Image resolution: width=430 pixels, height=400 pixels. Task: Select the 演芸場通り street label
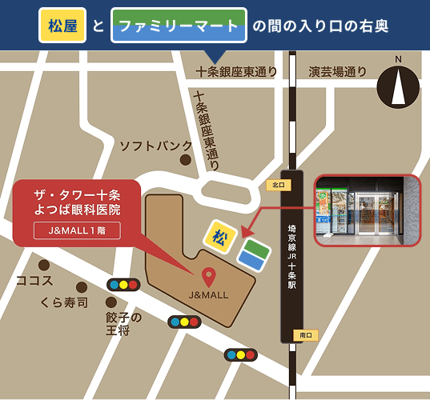click(x=338, y=72)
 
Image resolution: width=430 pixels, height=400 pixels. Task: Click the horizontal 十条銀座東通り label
click(x=237, y=72)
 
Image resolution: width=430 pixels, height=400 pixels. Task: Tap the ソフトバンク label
click(x=156, y=146)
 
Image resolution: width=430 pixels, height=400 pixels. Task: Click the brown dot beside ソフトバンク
click(x=186, y=160)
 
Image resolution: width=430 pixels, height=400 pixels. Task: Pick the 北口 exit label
click(x=278, y=185)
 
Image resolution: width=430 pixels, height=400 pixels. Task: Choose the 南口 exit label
click(x=304, y=334)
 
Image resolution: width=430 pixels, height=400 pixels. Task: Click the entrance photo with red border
click(x=366, y=210)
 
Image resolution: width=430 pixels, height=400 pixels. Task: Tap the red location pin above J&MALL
click(x=208, y=277)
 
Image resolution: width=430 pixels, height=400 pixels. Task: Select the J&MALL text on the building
click(x=208, y=295)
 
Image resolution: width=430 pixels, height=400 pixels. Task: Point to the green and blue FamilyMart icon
click(x=253, y=254)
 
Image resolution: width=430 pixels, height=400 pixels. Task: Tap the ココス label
click(x=34, y=281)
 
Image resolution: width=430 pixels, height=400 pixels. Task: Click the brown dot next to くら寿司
click(x=82, y=287)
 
